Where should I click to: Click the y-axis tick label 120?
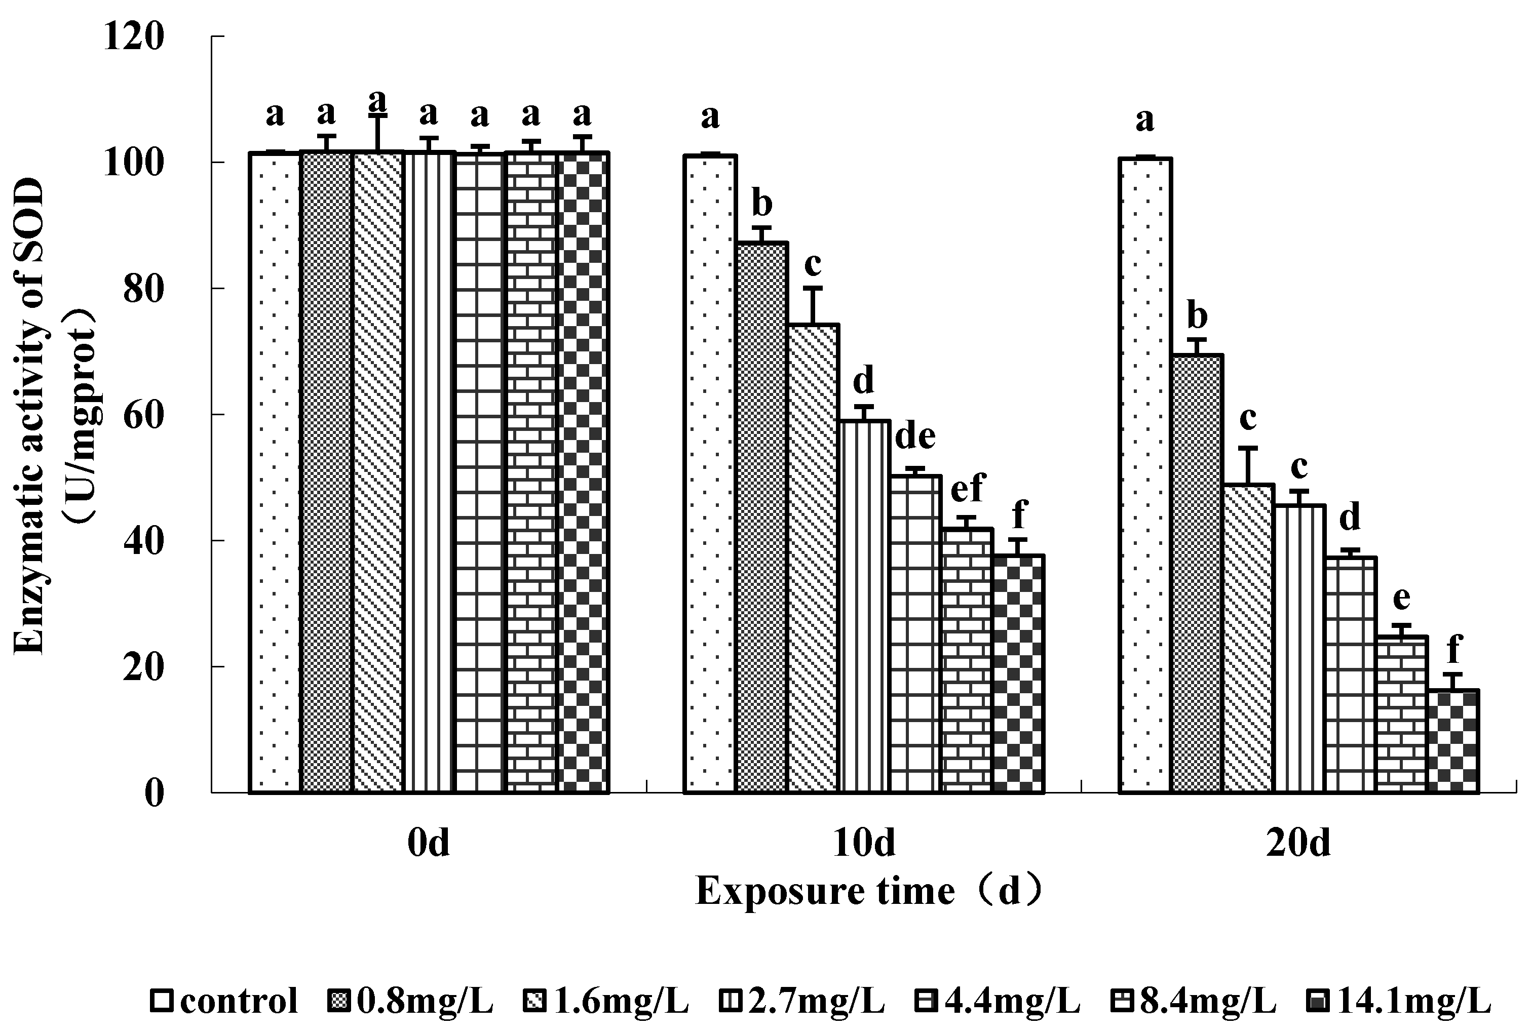click(x=133, y=37)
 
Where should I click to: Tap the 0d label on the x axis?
click(x=429, y=843)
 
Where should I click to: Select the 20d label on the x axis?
click(x=1297, y=843)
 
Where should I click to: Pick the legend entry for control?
click(x=224, y=1001)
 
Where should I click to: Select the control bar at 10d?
click(x=710, y=474)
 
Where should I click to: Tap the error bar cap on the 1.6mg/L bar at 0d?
click(x=377, y=117)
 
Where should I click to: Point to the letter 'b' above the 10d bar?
click(x=762, y=204)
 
